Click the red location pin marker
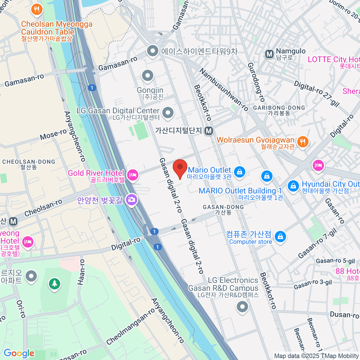(180, 168)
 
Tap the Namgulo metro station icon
(269, 54)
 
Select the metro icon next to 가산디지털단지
(209, 131)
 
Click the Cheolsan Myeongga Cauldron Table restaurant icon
(37, 9)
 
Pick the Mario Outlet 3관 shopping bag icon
(239, 172)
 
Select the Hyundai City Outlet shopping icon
(293, 186)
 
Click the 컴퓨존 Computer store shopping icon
(280, 237)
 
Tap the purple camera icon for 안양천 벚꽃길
(131, 199)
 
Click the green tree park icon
(54, 283)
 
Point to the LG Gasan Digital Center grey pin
(168, 113)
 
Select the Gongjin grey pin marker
(147, 76)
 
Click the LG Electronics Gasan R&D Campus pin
(242, 307)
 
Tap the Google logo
(19, 353)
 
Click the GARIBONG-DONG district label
(279, 108)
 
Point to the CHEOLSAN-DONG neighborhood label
(29, 162)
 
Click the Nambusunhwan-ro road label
(223, 89)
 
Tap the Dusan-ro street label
(344, 315)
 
